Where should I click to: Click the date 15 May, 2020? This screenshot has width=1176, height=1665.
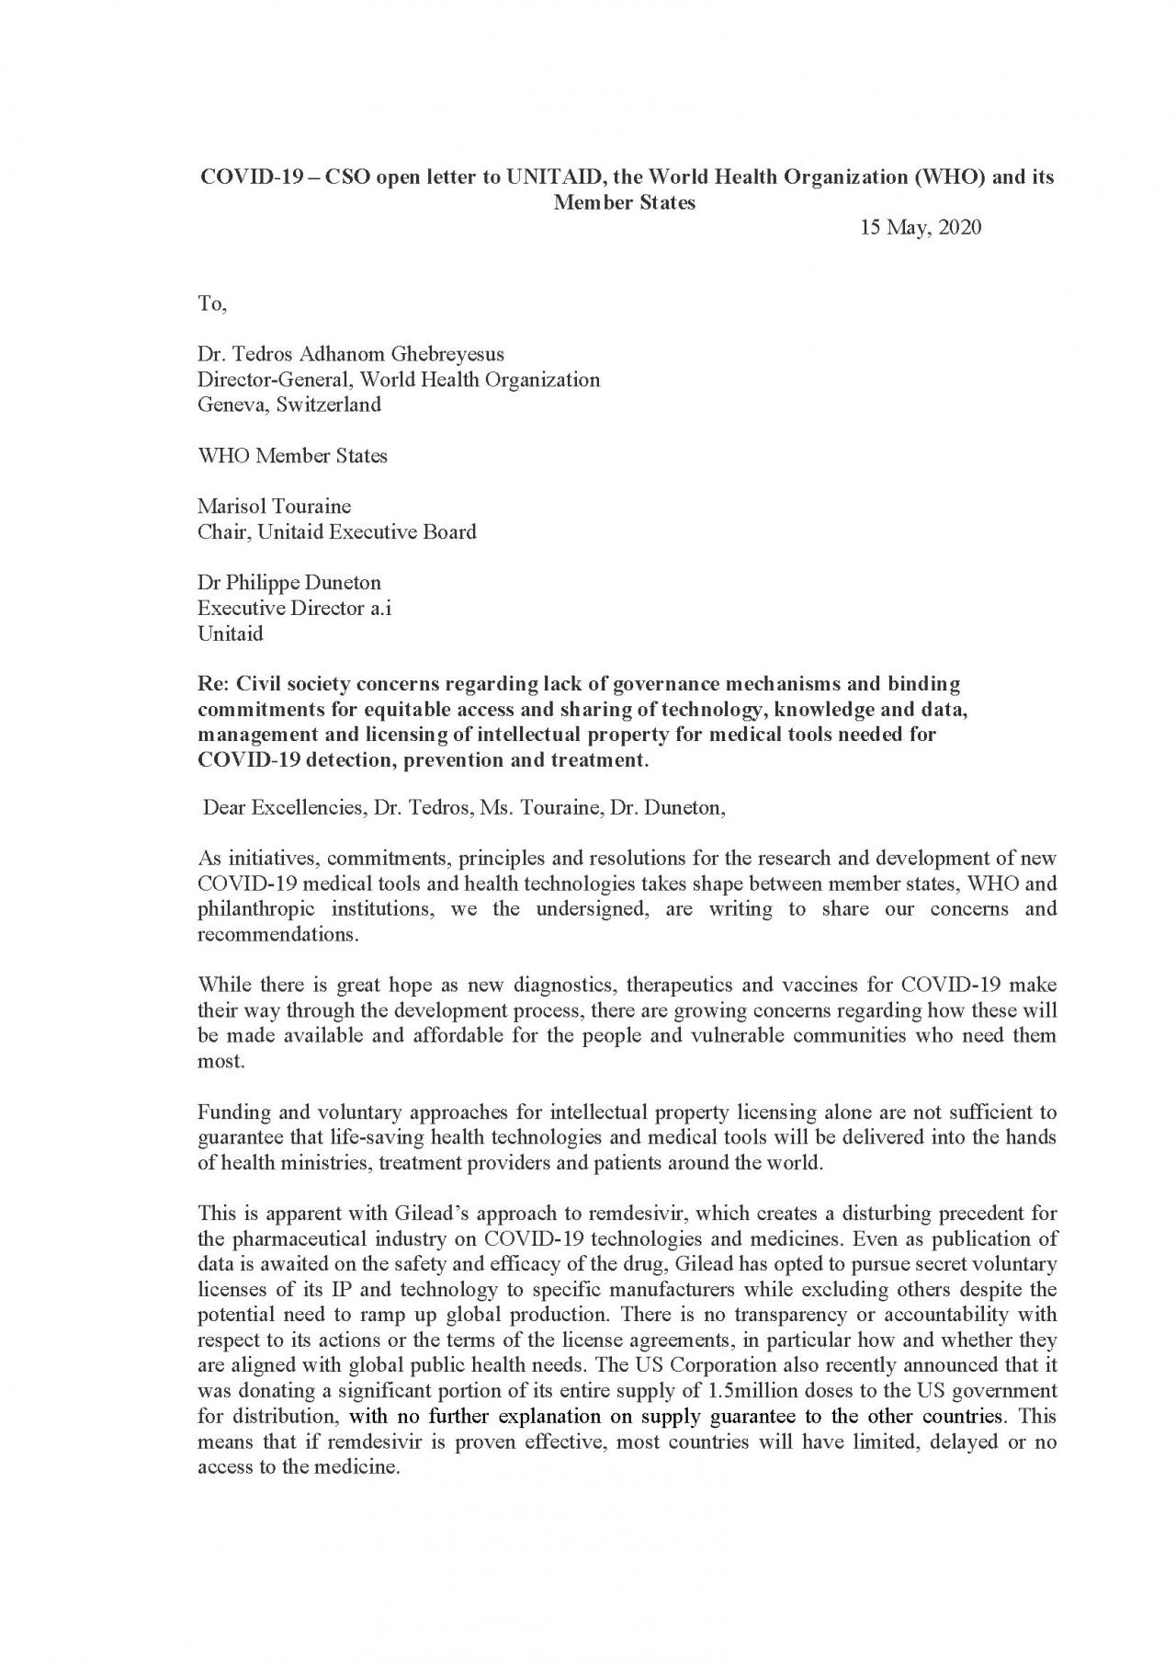[920, 228]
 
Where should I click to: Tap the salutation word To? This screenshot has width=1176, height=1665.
[211, 304]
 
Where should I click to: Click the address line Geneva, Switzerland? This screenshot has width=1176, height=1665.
[288, 405]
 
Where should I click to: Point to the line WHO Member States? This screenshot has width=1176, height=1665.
[292, 456]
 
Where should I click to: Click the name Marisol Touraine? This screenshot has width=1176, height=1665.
[274, 507]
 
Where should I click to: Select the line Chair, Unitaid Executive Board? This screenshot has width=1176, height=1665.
[336, 532]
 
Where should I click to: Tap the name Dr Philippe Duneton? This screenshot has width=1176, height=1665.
[288, 583]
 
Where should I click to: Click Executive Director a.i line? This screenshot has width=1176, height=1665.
[294, 609]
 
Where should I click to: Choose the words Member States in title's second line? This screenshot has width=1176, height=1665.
[624, 203]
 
